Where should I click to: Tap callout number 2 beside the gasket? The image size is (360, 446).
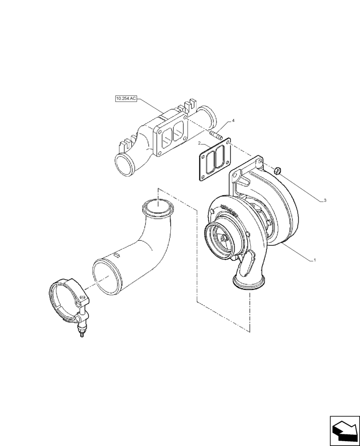pos(200,144)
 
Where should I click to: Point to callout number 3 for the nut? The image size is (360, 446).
pos(325,200)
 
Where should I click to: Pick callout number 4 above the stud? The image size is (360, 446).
pos(233,121)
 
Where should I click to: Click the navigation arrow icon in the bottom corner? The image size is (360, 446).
pos(344,430)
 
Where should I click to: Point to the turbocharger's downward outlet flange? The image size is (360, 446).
pos(250,283)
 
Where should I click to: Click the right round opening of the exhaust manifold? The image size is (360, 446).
pos(208,117)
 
